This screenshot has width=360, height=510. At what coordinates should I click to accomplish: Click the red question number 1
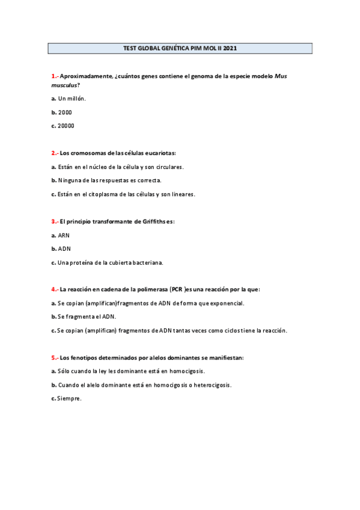click(x=55, y=76)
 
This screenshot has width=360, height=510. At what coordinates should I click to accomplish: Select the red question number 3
click(x=55, y=221)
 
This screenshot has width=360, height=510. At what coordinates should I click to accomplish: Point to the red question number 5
click(x=55, y=357)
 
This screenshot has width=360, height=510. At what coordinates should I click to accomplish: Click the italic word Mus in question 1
click(x=281, y=76)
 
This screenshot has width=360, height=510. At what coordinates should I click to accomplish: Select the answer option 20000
click(x=66, y=126)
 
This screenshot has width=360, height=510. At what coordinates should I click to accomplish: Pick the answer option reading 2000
click(x=64, y=112)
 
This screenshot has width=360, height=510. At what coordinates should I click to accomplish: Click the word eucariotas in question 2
click(x=158, y=153)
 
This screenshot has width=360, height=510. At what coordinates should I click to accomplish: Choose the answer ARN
click(x=64, y=235)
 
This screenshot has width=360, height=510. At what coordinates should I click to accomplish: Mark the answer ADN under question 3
click(x=64, y=248)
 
